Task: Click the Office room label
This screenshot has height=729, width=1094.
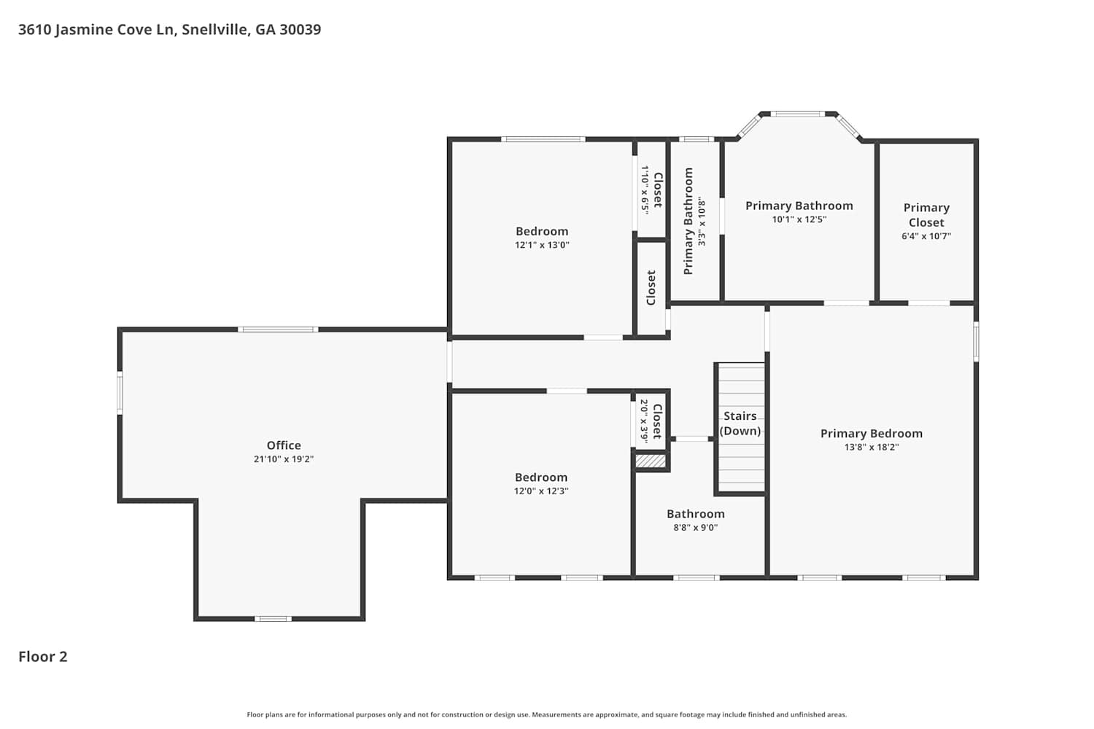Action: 283,445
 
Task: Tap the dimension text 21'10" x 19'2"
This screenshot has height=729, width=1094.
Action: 283,459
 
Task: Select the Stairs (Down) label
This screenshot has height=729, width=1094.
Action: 740,424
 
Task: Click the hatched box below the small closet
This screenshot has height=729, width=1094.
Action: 650,461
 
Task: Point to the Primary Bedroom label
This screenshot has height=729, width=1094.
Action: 872,434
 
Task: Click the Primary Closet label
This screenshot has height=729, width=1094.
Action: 926,215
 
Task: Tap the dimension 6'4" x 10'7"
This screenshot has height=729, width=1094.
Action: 926,236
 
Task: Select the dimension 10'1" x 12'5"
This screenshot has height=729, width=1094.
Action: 799,219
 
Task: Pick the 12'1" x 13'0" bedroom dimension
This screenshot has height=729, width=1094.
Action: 542,245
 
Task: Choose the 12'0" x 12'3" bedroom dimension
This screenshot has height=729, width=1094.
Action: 541,491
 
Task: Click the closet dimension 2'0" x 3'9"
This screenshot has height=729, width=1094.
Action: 644,421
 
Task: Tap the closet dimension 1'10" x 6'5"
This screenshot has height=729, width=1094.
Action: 645,190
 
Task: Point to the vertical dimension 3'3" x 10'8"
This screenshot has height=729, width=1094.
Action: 702,221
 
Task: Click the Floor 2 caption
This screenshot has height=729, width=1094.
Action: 43,657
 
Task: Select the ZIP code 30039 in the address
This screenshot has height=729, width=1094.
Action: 300,30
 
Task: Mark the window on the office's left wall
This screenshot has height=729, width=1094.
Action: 120,393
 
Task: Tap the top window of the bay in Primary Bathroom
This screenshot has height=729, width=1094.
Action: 798,114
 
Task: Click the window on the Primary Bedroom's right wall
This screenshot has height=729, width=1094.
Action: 977,341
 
